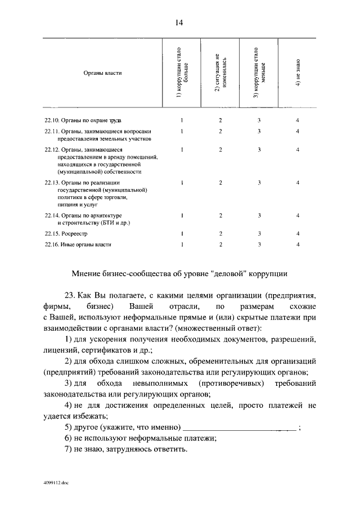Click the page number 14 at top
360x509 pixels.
pyautogui.click(x=179, y=22)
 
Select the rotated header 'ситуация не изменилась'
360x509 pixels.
pyautogui.click(x=220, y=73)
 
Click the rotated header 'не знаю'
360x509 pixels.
pyautogui.click(x=298, y=73)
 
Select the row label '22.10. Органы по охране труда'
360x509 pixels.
pyautogui.click(x=83, y=120)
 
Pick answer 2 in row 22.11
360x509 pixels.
pyautogui.click(x=220, y=131)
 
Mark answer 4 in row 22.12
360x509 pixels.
pyautogui.click(x=298, y=150)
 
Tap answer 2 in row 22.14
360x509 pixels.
pyautogui.click(x=220, y=215)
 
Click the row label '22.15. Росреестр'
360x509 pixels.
pyautogui.click(x=66, y=233)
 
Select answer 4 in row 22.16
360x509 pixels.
pyautogui.click(x=298, y=244)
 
